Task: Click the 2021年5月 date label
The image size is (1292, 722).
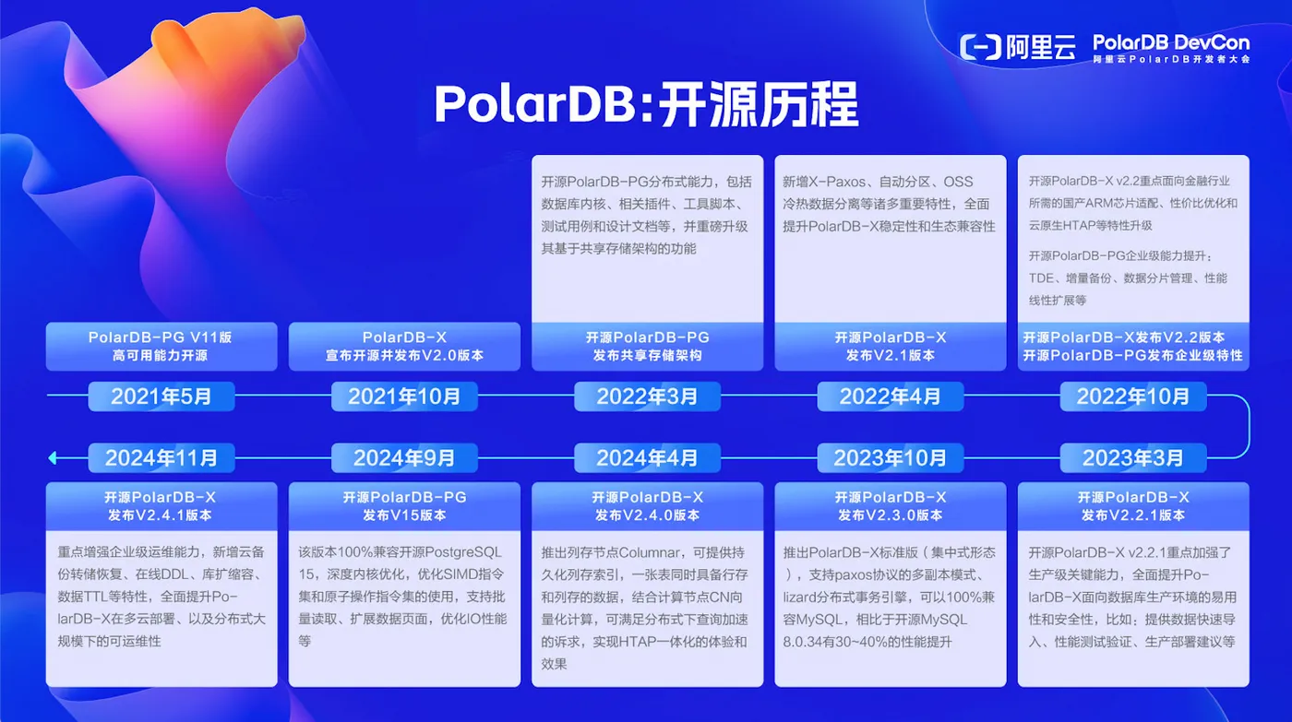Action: click(161, 396)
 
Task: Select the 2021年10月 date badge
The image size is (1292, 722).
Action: click(404, 396)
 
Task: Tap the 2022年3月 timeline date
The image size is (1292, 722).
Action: click(647, 396)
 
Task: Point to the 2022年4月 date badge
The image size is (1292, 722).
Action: click(890, 396)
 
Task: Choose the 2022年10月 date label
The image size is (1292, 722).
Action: click(1133, 396)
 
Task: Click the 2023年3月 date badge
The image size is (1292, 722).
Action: click(1133, 458)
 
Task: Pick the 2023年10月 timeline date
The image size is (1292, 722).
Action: click(890, 458)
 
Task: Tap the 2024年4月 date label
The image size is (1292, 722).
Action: click(647, 458)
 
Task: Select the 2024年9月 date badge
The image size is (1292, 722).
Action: click(404, 458)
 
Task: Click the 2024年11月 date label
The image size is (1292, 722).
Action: click(161, 458)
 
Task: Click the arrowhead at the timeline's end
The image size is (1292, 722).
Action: click(53, 458)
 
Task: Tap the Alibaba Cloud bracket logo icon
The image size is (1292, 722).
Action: click(980, 47)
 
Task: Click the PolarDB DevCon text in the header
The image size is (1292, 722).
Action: click(1171, 42)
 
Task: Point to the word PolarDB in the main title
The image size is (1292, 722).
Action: click(534, 104)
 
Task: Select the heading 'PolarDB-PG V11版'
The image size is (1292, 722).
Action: click(161, 337)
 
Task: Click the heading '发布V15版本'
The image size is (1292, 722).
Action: click(404, 515)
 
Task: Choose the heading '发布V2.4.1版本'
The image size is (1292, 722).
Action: click(161, 515)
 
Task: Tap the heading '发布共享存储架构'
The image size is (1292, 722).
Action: click(647, 356)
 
